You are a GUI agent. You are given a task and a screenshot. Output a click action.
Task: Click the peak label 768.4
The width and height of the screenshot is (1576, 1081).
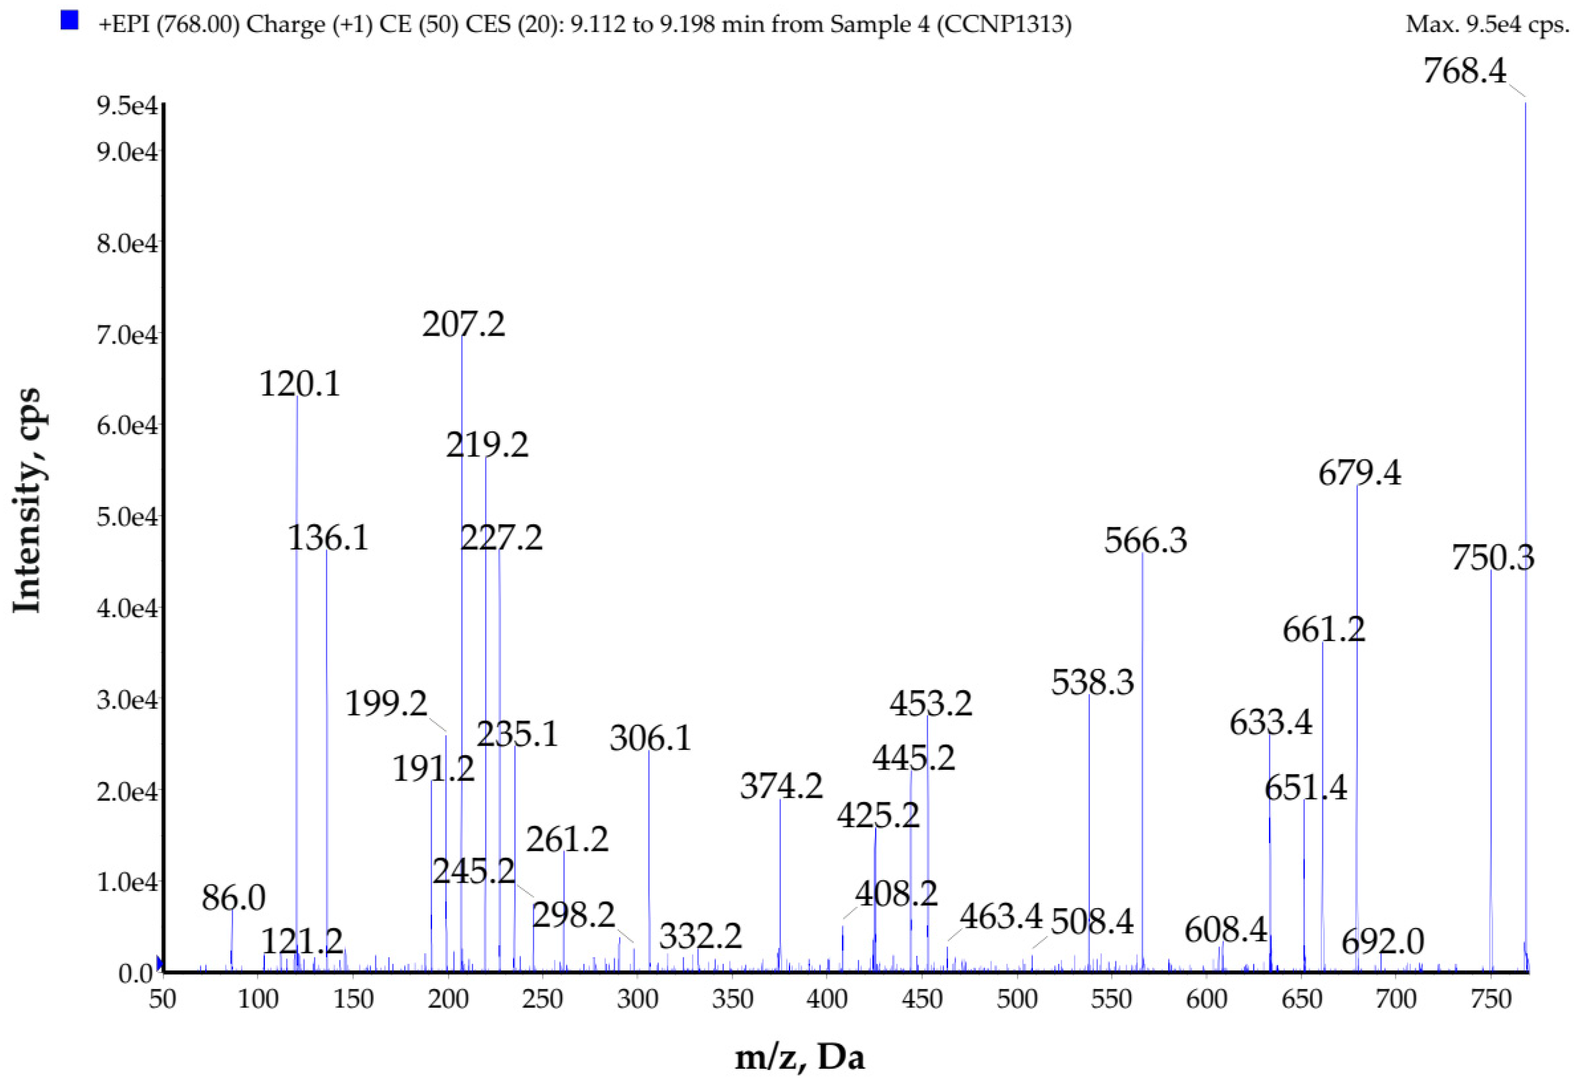pyautogui.click(x=1464, y=70)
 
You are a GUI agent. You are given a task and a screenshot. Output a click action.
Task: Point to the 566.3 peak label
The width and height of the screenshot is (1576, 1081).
pyautogui.click(x=1146, y=540)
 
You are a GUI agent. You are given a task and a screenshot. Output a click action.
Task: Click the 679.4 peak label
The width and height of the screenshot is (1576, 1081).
pyautogui.click(x=1359, y=473)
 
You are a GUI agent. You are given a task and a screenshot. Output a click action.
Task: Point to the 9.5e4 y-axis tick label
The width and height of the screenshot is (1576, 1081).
pyautogui.click(x=127, y=106)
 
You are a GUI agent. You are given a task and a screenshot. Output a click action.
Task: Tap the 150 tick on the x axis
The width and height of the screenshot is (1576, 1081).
pyautogui.click(x=353, y=999)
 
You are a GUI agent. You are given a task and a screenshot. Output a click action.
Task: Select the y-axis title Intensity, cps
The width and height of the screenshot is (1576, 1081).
pyautogui.click(x=27, y=500)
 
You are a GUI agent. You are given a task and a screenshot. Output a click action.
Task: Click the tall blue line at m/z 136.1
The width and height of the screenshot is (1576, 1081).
pyautogui.click(x=327, y=746)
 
